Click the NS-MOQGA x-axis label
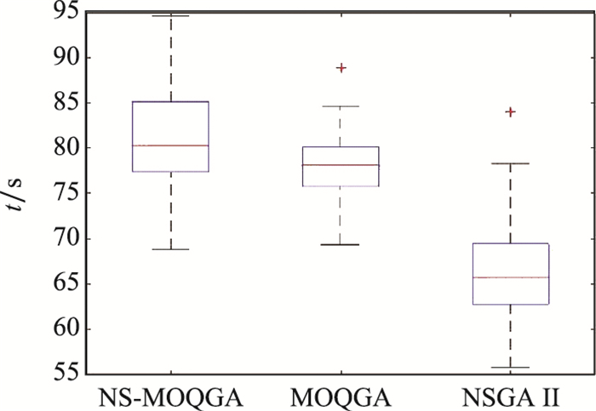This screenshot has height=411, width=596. point(169,396)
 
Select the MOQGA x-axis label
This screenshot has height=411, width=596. point(340,396)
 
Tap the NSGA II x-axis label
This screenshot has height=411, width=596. point(510,396)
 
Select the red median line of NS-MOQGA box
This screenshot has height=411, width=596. point(169,146)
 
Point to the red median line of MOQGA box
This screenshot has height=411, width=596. point(340,164)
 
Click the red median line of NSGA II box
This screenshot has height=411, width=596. point(510,277)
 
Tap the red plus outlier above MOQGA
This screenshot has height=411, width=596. point(341,67)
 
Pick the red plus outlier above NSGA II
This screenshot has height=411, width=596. point(512,111)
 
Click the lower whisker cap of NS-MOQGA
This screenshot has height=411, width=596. point(169,249)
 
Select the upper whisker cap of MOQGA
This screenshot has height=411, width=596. point(340,106)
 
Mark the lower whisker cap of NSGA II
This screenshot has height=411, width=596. point(510,368)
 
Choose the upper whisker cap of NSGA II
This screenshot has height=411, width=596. point(510,163)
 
